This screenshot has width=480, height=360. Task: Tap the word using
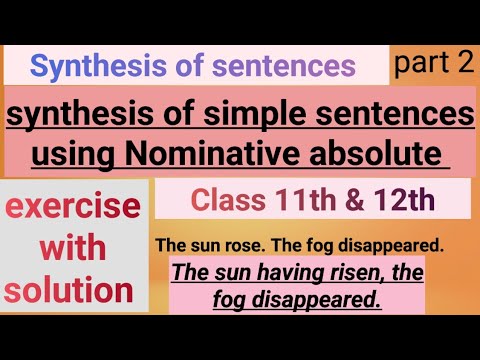(70, 155)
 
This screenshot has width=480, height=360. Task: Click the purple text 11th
(303, 200)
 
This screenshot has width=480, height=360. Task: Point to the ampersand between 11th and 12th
(350, 200)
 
